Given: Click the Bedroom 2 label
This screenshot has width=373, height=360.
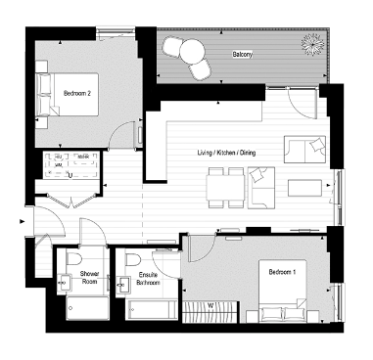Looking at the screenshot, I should [77, 93].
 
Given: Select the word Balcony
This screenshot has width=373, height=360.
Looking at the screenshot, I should [241, 55].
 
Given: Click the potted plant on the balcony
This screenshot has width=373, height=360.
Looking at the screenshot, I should [312, 44].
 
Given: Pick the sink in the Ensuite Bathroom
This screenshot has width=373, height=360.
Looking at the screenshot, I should [123, 286].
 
